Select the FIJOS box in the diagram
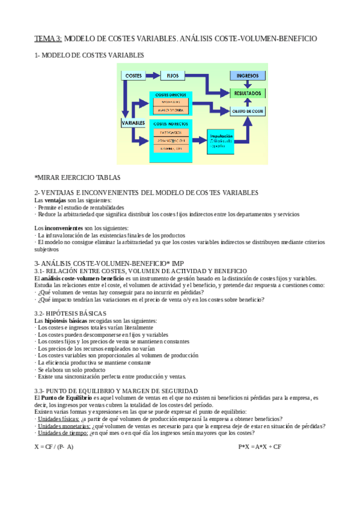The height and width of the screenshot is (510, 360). point(173,76)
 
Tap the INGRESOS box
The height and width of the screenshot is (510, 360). point(248,76)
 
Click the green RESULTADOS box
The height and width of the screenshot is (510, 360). point(248,94)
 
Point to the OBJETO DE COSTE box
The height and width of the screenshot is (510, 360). point(248,111)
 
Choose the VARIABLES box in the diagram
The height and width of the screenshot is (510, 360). point(133,123)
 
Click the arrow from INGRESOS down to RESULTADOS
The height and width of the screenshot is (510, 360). point(248,85)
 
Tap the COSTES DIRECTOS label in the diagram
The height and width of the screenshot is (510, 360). point(171,96)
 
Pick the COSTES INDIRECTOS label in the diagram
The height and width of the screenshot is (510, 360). point(172,123)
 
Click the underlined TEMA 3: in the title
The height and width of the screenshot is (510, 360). point(47,38)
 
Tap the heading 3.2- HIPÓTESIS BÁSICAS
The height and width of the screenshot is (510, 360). point(70,313)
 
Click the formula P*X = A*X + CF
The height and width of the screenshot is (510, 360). point(260,447)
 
